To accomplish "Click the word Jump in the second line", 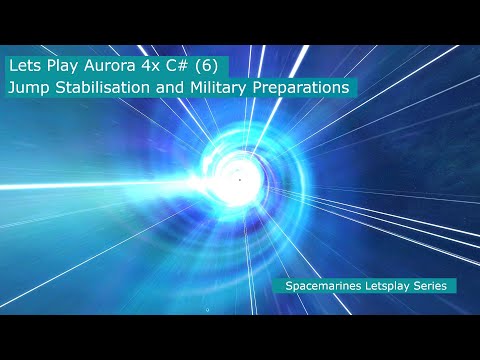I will (30, 88).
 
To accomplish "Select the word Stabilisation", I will (106, 88).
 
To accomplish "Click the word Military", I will (223, 88).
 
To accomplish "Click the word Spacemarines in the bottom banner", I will (321, 285).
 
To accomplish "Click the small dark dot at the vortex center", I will (240, 179).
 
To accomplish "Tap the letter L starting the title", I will (11, 66).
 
